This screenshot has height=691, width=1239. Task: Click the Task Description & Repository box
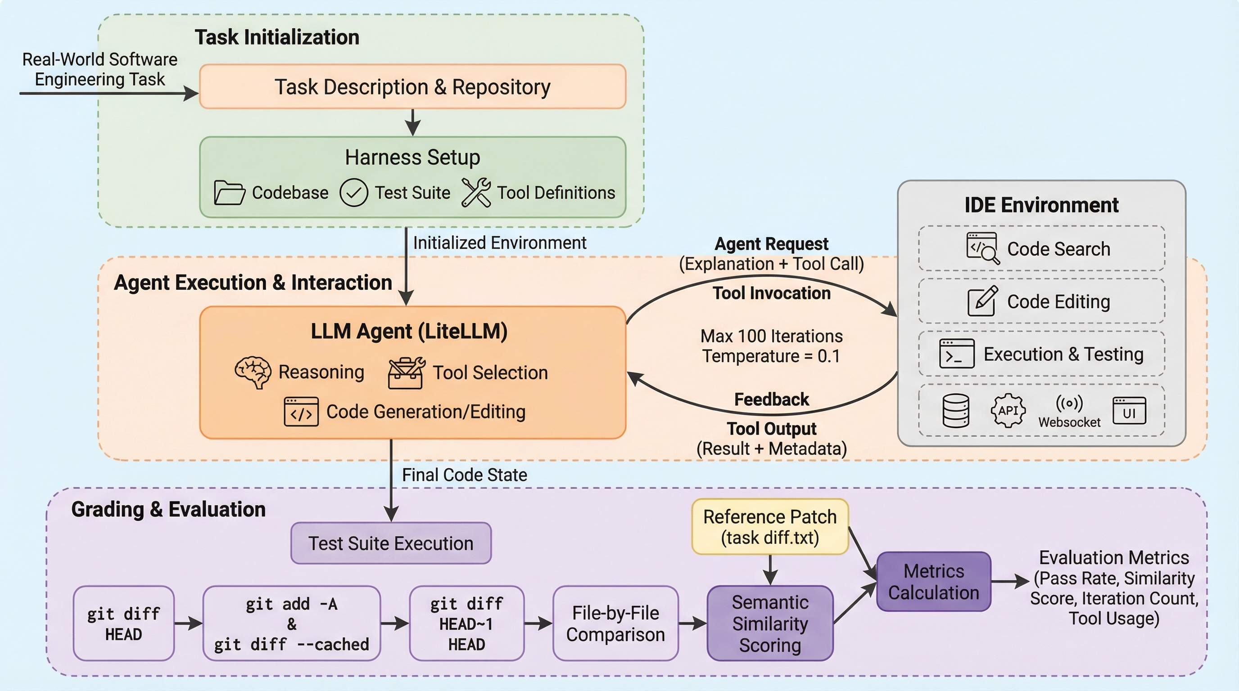click(x=412, y=86)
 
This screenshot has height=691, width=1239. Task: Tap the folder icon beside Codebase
click(x=229, y=193)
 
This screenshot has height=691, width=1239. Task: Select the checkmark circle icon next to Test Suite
click(x=353, y=193)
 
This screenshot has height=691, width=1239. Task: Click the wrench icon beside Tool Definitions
click(x=476, y=192)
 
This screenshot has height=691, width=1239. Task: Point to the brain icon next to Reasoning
click(x=253, y=372)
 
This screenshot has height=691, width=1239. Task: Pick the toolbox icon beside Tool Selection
click(x=406, y=372)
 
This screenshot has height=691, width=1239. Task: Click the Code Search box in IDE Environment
click(x=1041, y=248)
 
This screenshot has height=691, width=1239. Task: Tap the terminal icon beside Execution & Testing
click(x=957, y=354)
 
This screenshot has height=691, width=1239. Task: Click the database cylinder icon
click(x=956, y=410)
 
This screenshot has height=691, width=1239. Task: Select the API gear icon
click(x=1008, y=410)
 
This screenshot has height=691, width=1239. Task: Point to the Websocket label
click(x=1069, y=422)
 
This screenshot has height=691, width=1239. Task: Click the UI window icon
click(x=1129, y=411)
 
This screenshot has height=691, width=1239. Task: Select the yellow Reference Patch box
click(x=769, y=527)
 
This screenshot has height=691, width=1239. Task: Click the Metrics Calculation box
click(x=933, y=581)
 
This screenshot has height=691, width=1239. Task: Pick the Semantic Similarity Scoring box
click(x=769, y=623)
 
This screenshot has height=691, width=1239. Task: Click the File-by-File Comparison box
click(x=615, y=623)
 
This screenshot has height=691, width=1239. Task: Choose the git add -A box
click(x=291, y=623)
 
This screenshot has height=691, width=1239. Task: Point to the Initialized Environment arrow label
click(x=499, y=242)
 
